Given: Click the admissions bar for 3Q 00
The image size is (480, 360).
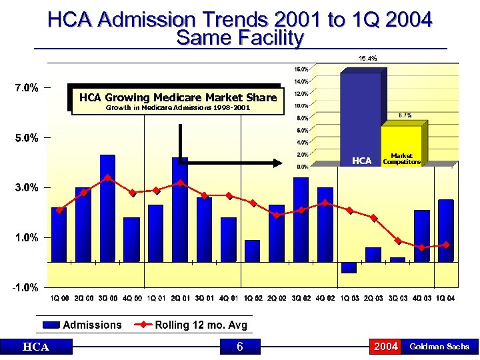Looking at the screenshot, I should (x=107, y=208).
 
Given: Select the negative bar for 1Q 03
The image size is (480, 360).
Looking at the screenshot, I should (x=349, y=268).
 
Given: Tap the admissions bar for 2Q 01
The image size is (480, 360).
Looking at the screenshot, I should (x=180, y=209).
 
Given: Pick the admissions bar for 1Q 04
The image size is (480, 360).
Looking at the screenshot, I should (x=446, y=231).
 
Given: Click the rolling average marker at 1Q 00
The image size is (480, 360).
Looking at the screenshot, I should (x=59, y=210).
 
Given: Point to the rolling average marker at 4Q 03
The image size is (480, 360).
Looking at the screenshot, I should (x=422, y=247).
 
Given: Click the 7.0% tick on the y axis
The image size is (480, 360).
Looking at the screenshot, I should (x=23, y=87).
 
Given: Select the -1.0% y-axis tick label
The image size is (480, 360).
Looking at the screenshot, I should (x=23, y=287).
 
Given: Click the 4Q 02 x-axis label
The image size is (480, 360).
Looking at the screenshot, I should (x=325, y=298).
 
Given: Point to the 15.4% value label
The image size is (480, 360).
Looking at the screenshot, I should (x=367, y=59).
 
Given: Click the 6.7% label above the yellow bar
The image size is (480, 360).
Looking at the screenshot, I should (x=405, y=115).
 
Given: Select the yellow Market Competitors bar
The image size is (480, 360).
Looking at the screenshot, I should (x=401, y=143).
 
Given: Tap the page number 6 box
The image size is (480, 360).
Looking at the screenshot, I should (x=240, y=346).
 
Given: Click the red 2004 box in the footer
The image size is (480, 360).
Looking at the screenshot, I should (x=385, y=346).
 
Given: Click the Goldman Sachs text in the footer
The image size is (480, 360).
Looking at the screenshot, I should (x=439, y=346).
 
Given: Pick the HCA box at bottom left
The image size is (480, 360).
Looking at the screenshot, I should (x=35, y=346).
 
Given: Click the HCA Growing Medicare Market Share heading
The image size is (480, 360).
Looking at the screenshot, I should (x=177, y=97).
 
